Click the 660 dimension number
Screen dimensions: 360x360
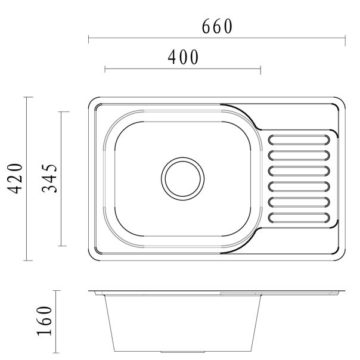click(x=216, y=27)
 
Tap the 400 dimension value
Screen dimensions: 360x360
click(x=182, y=57)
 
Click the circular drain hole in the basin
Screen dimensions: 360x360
click(x=182, y=178)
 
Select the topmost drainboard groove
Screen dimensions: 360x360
click(x=299, y=139)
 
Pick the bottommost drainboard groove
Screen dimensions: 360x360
click(x=299, y=216)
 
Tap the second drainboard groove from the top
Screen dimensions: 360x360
click(x=299, y=155)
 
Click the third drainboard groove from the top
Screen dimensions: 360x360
click(x=299, y=170)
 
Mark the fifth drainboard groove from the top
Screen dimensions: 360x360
click(x=299, y=201)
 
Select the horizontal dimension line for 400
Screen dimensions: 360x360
click(x=182, y=70)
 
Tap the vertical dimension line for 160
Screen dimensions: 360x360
click(x=57, y=322)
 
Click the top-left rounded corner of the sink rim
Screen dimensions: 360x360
click(x=94, y=103)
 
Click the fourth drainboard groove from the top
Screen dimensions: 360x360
click(x=299, y=186)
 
